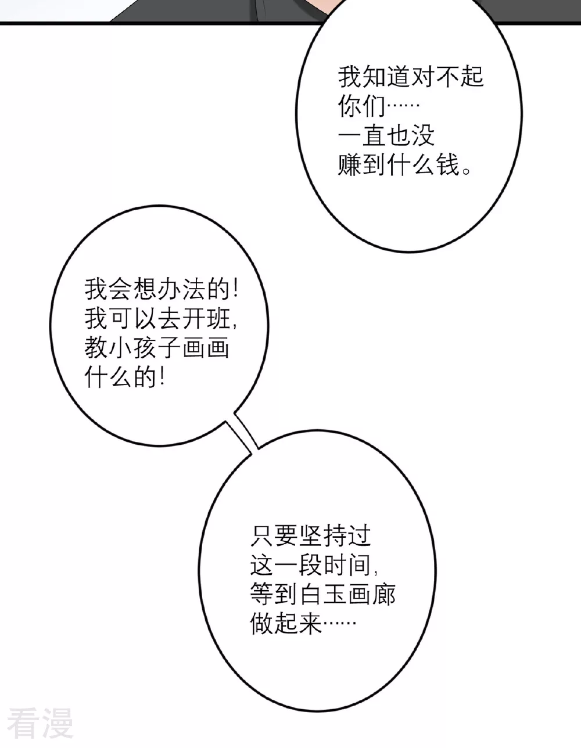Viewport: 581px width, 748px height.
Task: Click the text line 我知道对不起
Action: [x=411, y=77]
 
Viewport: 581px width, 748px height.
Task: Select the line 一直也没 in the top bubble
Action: [x=386, y=135]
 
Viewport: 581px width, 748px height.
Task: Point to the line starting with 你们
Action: [x=378, y=106]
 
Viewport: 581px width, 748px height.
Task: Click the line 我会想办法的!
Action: [x=161, y=289]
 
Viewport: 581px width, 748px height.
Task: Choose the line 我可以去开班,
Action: [x=161, y=319]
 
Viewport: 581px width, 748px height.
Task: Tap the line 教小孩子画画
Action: [x=157, y=348]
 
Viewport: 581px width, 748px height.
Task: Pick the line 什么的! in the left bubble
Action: [x=125, y=377]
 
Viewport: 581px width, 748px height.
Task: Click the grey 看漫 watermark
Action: [x=40, y=723]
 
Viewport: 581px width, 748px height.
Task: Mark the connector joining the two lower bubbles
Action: [x=242, y=433]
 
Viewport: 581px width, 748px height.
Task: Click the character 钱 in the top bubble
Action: [x=448, y=165]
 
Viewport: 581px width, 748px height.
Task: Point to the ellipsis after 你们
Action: [x=403, y=105]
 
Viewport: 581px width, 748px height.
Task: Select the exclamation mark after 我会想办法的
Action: [x=235, y=289]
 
